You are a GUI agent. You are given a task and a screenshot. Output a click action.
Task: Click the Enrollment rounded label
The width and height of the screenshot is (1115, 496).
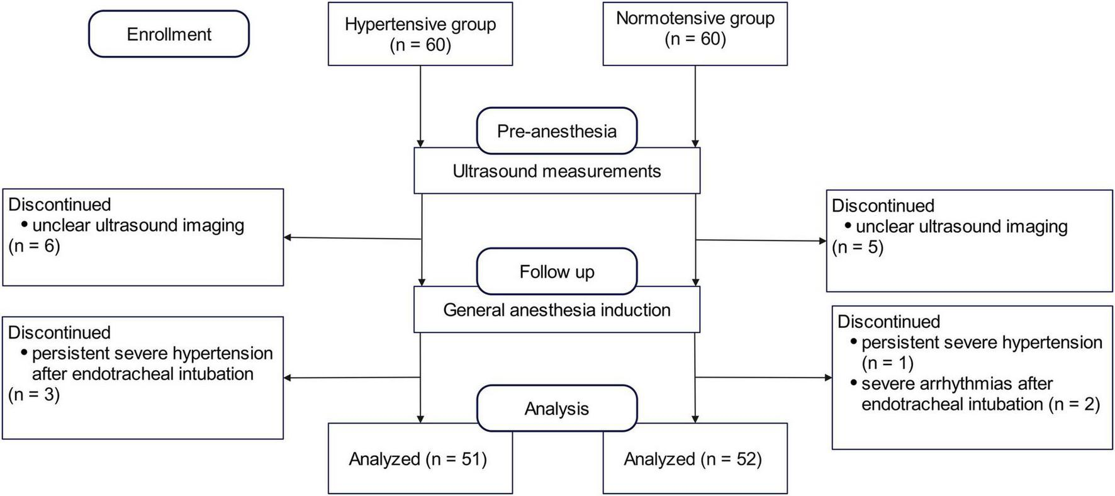(x=169, y=34)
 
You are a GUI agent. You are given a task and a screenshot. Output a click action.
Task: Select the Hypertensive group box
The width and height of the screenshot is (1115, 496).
(x=420, y=34)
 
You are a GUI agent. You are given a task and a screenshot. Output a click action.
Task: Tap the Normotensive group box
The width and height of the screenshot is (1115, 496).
(x=695, y=34)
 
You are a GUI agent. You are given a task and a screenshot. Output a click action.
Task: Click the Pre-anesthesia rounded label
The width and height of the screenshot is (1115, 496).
(x=556, y=131)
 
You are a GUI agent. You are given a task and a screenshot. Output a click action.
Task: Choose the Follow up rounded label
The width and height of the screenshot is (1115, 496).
(x=556, y=271)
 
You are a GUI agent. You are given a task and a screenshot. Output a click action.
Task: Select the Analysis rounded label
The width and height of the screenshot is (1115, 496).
(x=556, y=409)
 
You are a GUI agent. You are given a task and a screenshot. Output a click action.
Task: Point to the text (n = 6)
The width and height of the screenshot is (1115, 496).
(x=35, y=246)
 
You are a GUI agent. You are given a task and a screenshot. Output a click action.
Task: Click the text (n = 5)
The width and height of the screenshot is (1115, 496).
(x=858, y=247)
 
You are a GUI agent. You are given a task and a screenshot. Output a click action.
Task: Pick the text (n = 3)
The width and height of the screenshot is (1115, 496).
(x=34, y=395)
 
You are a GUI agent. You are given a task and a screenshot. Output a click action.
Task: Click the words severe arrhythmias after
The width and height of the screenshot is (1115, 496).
(x=956, y=383)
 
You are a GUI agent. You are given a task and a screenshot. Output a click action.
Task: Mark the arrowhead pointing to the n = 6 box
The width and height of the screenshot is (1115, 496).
(x=288, y=237)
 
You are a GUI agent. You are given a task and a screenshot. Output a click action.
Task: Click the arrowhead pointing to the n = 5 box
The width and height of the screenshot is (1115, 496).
(x=822, y=241)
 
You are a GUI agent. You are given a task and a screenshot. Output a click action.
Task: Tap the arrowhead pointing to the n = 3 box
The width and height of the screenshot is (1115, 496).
(x=288, y=378)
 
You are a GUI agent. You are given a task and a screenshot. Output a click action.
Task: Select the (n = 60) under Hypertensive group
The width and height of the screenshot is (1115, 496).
(x=420, y=45)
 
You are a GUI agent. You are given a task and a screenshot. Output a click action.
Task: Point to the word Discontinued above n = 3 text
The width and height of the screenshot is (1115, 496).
(x=59, y=332)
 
